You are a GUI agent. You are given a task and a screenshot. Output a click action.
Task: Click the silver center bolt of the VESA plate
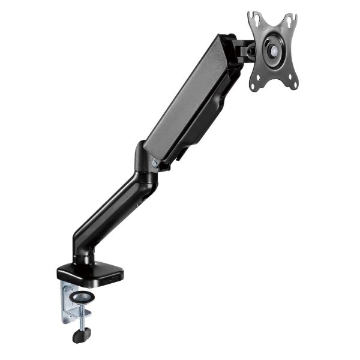tap(274, 52)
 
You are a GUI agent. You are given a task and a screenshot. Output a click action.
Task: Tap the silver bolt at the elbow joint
tap(155, 163)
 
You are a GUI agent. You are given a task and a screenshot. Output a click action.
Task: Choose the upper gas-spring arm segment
tap(192, 102)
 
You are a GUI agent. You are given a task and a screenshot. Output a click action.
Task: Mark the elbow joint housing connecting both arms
tap(144, 162)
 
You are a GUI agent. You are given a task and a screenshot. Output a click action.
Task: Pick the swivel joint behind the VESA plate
tap(243, 51)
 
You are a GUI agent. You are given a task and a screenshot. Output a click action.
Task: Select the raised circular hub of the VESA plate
tap(273, 52)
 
